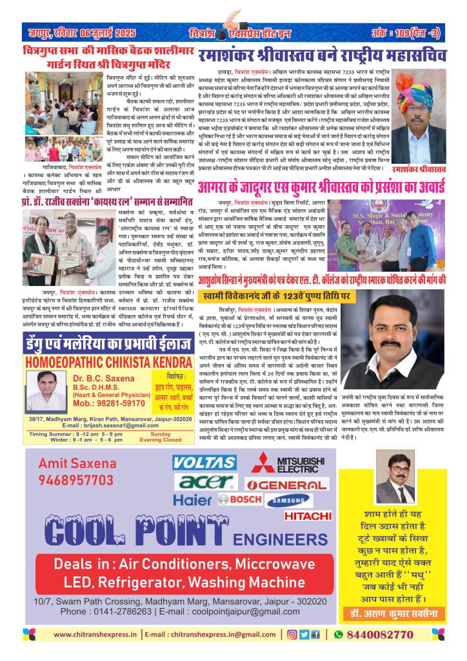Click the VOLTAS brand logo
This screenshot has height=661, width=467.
[205, 463]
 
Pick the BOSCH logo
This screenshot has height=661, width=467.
[239, 499]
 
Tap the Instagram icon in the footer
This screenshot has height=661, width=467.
[292, 635]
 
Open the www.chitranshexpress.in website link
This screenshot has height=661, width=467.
[97, 635]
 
